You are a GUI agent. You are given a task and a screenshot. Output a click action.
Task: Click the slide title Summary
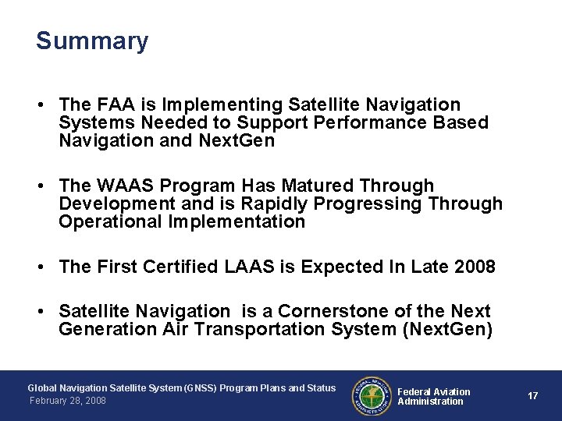pyautogui.click(x=91, y=41)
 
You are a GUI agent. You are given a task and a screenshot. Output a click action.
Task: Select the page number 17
pyautogui.click(x=532, y=396)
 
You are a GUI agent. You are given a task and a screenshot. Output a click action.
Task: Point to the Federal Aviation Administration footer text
pyautogui.click(x=434, y=396)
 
